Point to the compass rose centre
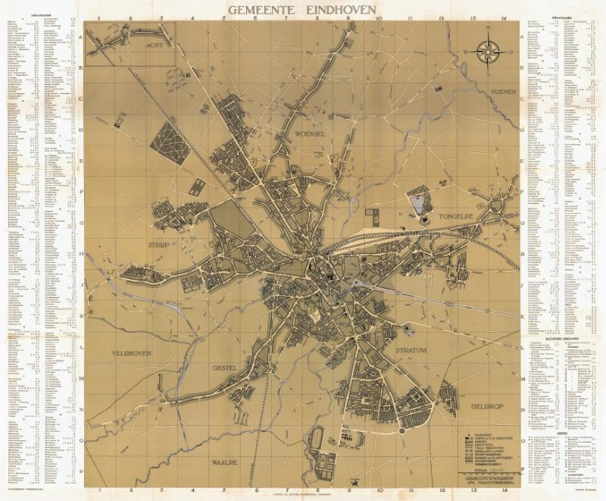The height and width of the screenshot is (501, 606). [x=489, y=52]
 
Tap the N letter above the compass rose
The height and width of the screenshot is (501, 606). [x=489, y=31]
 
